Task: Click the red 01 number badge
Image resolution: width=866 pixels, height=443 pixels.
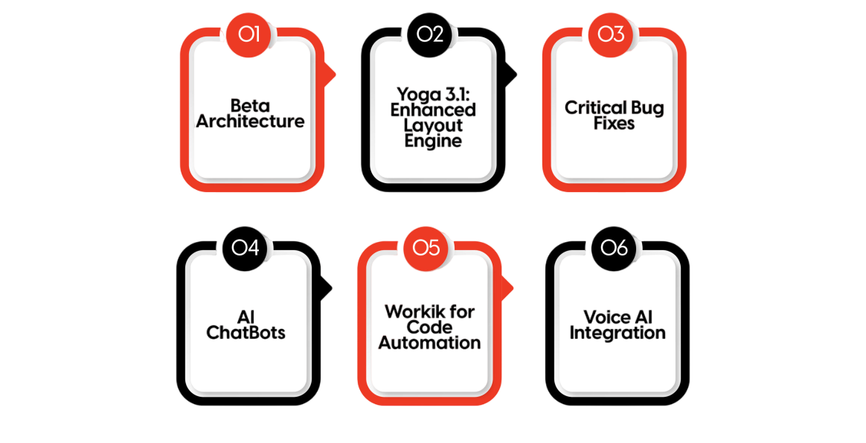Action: click(248, 34)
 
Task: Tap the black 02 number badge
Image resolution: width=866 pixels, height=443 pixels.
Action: click(430, 34)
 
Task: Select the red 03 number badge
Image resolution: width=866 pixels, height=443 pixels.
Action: click(611, 34)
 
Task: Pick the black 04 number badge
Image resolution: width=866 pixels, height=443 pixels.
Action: click(245, 247)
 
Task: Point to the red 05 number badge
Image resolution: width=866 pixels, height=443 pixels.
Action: click(426, 247)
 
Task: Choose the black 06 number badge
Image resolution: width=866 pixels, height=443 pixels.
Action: click(614, 247)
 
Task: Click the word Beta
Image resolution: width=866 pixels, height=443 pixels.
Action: click(250, 106)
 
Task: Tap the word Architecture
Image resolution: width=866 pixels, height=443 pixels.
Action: click(250, 121)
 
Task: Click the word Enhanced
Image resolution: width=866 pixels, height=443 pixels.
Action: click(433, 109)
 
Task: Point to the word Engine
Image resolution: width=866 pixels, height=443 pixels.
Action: click(433, 141)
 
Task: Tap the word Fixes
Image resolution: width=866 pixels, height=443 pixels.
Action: click(614, 123)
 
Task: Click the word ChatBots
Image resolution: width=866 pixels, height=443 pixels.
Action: click(246, 333)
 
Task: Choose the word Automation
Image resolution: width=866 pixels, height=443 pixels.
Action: click(429, 343)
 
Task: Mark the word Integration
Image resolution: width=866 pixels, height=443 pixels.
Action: click(618, 333)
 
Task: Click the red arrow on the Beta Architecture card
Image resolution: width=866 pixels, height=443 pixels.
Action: click(329, 74)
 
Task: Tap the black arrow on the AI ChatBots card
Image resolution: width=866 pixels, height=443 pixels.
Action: click(326, 287)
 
